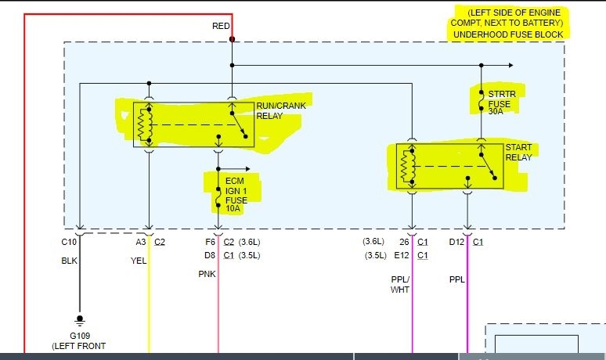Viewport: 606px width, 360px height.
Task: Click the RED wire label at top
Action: tap(221, 26)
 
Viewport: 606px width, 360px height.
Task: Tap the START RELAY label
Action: tap(518, 152)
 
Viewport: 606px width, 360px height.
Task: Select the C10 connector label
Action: tap(69, 242)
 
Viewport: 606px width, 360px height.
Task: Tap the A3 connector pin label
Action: tap(141, 242)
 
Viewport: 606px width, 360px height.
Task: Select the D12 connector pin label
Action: tap(456, 242)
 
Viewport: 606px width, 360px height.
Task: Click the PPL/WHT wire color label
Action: tap(400, 284)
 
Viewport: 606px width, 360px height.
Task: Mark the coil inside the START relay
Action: tap(406, 167)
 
